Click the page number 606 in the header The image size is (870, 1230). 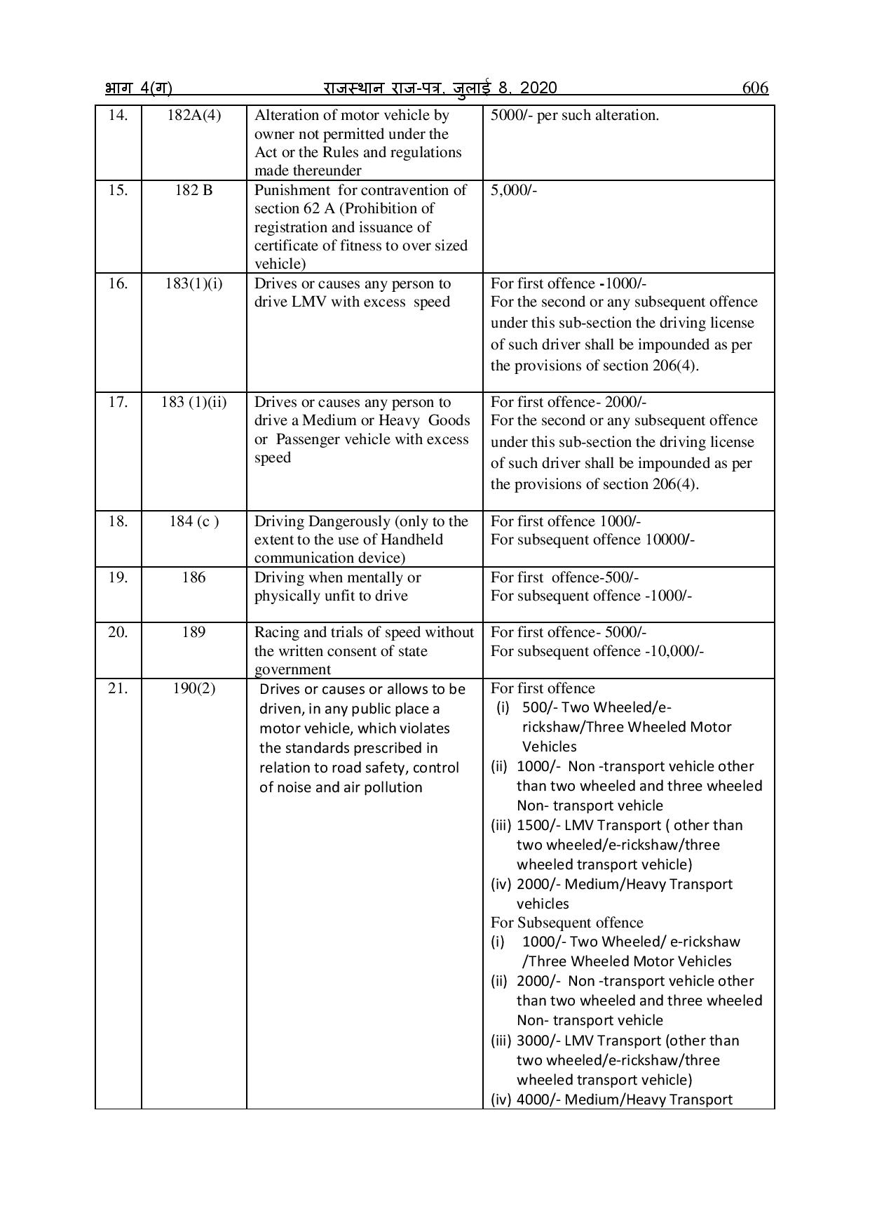(x=754, y=88)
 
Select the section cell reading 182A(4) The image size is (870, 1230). (x=193, y=115)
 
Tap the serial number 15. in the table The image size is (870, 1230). (x=118, y=190)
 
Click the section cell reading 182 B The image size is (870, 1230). (x=193, y=190)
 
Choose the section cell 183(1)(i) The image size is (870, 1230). (x=193, y=283)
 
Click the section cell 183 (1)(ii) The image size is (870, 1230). (x=193, y=402)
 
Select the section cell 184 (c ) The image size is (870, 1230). (x=193, y=521)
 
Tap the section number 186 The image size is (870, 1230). (x=193, y=577)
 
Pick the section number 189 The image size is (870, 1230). (x=193, y=632)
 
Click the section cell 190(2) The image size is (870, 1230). (x=193, y=688)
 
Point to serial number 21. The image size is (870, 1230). (x=118, y=688)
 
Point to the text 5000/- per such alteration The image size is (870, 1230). (x=574, y=115)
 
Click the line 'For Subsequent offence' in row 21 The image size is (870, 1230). (x=566, y=922)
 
